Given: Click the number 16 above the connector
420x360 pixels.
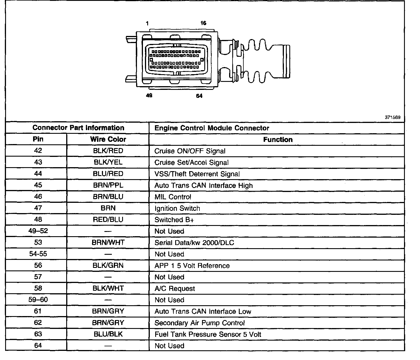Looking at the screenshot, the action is coord(203,23).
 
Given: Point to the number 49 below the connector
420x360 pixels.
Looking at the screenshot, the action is coord(149,96).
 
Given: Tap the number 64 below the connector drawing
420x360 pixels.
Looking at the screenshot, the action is coord(199,96).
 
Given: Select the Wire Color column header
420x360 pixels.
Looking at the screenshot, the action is coord(108,139).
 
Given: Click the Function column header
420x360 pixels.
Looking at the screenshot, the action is coord(278,139).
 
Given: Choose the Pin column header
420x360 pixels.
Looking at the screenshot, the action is coord(38,139).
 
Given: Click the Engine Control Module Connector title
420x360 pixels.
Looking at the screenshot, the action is coord(212,128).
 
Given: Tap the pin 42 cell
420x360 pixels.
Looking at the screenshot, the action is coord(38,151).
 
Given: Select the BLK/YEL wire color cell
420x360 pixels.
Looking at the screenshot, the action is coord(108,162).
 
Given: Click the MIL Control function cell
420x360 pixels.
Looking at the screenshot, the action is coord(173,197).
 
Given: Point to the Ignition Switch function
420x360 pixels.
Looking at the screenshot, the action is coord(177,208).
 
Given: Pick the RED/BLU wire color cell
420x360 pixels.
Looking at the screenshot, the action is coord(108,219).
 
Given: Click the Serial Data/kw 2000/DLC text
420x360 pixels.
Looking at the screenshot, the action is coord(194,242).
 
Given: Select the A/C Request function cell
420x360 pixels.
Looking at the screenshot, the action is coord(175,288).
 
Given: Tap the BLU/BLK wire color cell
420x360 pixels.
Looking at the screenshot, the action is coord(108,334).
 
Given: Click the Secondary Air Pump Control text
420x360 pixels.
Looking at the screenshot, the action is coord(199,323).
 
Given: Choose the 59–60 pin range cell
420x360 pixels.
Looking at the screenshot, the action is coord(38,300).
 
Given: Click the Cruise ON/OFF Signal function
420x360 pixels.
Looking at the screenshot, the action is coord(190,151).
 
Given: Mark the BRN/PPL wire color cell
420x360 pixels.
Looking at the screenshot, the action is coord(108,185).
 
